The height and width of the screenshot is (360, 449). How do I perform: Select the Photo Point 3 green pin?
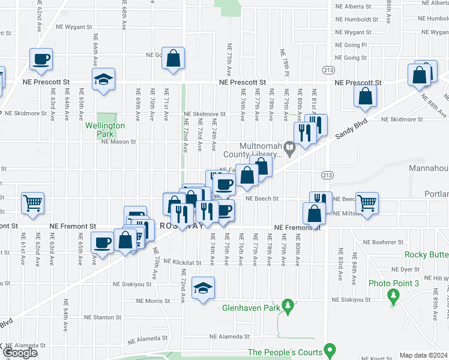[393, 295]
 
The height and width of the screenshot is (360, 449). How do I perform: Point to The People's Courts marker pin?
[329, 349]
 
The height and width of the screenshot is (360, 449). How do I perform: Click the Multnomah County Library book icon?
[290, 146]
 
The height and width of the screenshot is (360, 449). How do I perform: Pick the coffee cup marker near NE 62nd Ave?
[41, 59]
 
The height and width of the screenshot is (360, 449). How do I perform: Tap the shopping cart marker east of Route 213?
[367, 202]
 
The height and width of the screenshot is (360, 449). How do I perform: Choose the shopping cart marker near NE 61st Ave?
[32, 202]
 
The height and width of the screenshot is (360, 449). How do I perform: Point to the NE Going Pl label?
[355, 45]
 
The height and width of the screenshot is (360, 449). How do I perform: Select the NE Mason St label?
[119, 142]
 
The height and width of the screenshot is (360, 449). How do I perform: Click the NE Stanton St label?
[102, 317]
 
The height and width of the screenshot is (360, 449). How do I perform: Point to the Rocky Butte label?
[426, 254]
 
